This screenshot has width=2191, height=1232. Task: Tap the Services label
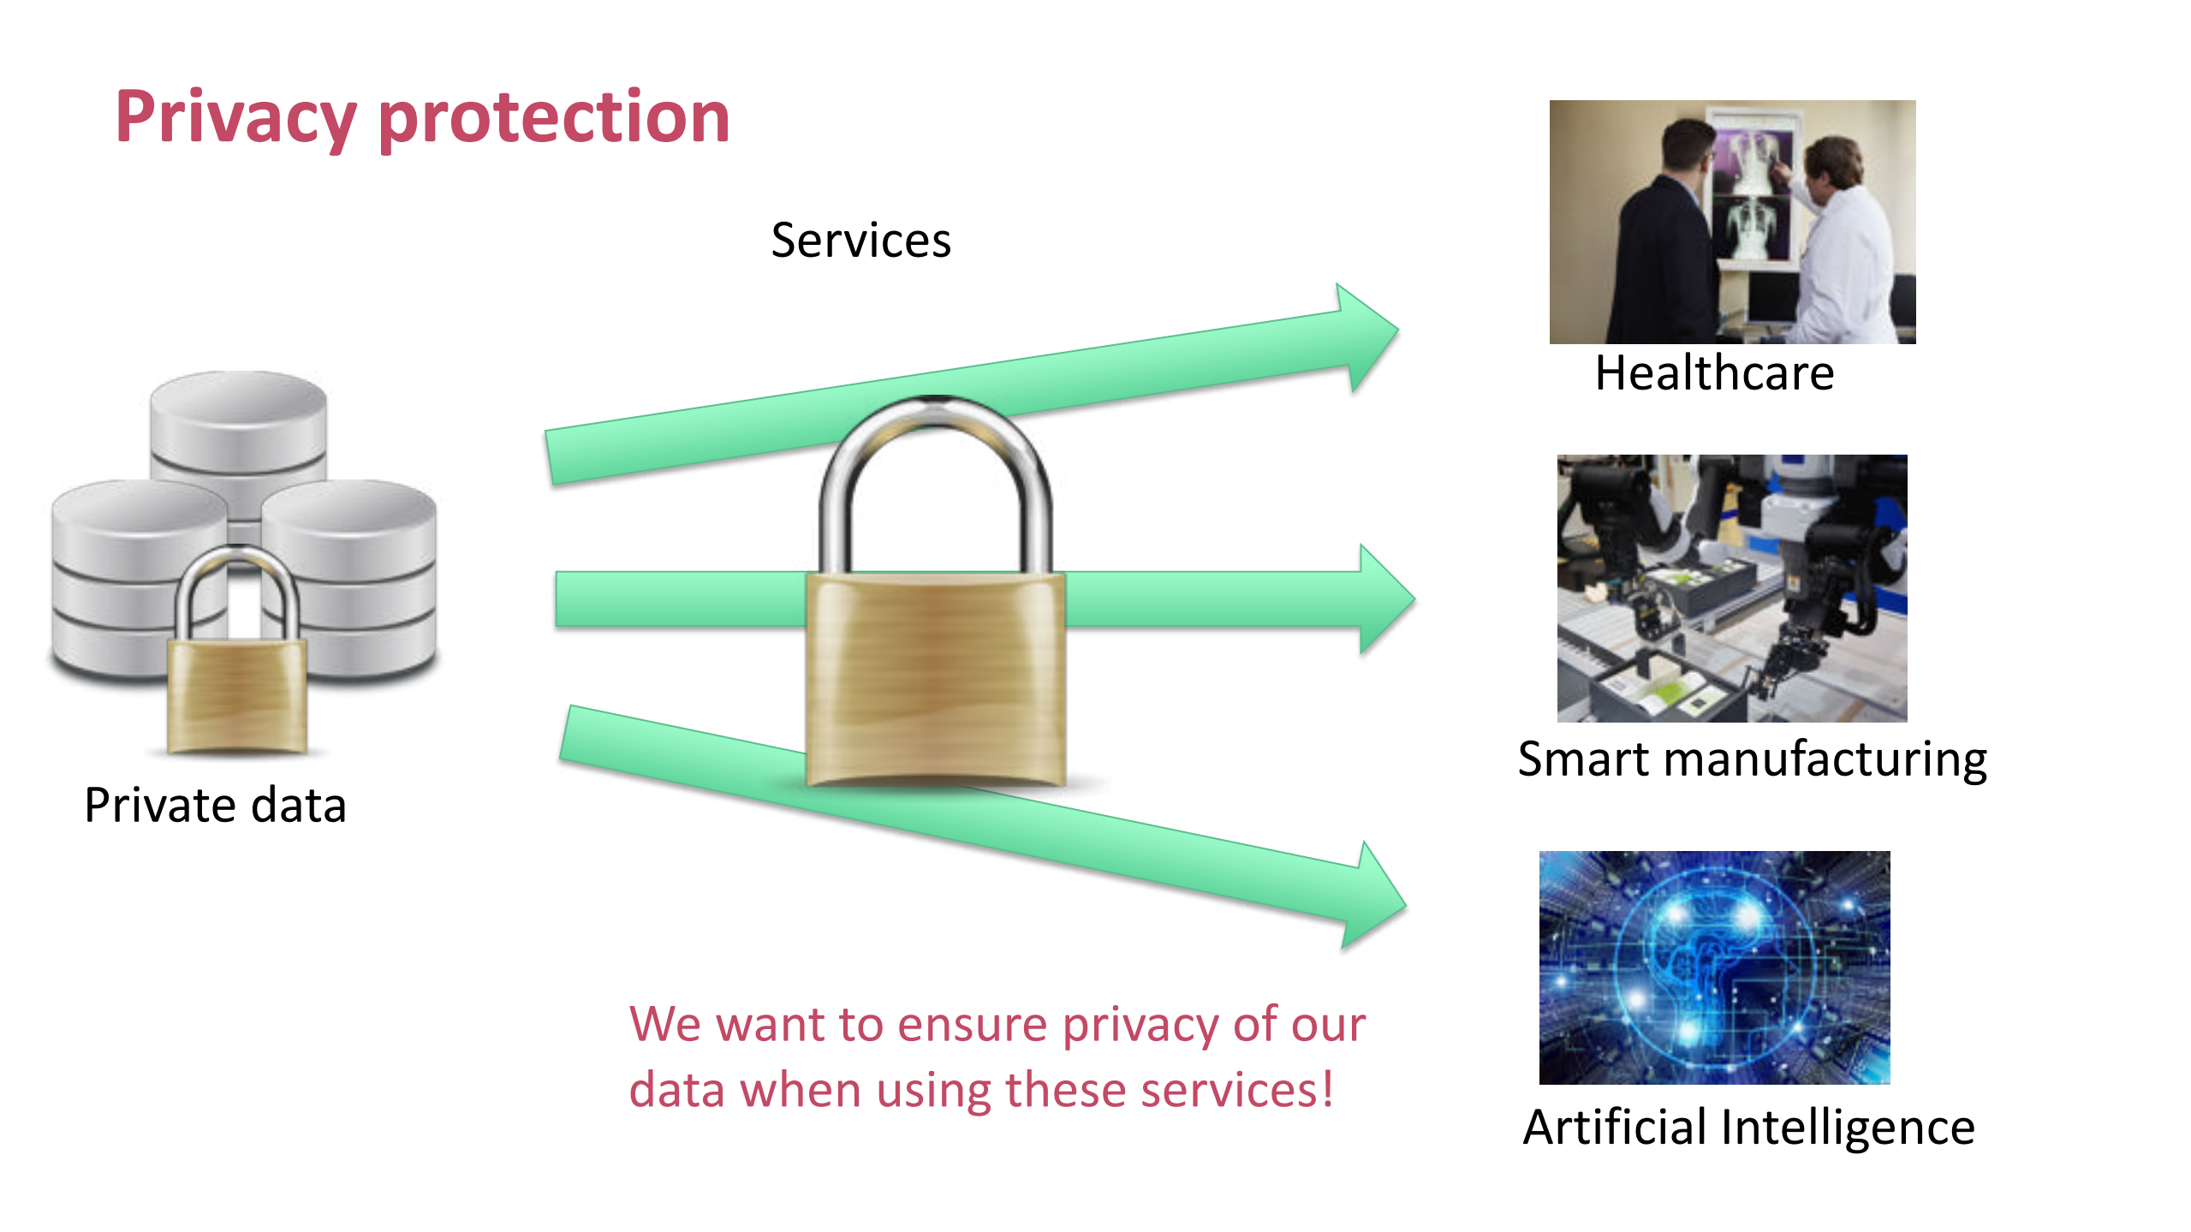(860, 240)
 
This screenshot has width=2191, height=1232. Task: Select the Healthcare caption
(1714, 372)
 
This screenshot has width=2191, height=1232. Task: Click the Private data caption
(216, 806)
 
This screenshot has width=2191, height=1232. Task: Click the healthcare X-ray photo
(1732, 222)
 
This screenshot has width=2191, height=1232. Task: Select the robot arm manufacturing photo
(1732, 588)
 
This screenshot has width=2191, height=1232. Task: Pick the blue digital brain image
(1714, 967)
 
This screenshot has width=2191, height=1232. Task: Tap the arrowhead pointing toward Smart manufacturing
(1387, 599)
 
